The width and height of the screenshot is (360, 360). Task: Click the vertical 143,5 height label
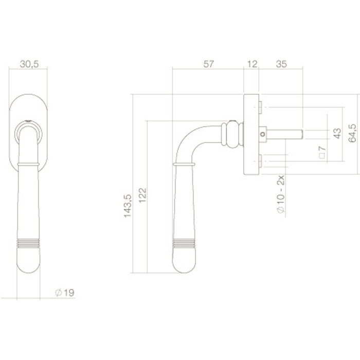click(128, 205)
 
